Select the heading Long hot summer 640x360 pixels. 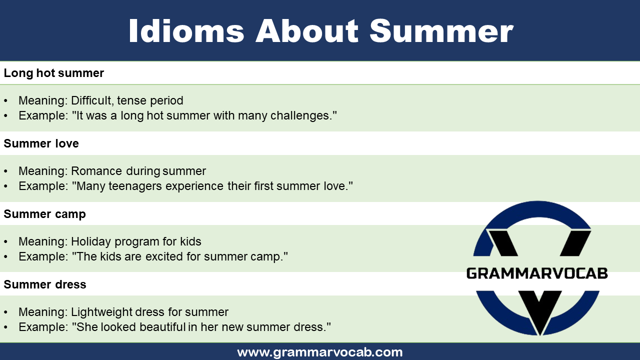click(54, 73)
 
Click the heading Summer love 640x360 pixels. click(41, 143)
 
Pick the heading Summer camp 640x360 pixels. click(45, 214)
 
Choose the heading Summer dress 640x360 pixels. click(45, 284)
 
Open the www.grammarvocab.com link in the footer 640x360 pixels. click(320, 352)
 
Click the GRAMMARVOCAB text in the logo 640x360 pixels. click(537, 273)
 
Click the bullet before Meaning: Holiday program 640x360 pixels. click(6, 242)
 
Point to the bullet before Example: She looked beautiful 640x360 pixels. click(6, 327)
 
